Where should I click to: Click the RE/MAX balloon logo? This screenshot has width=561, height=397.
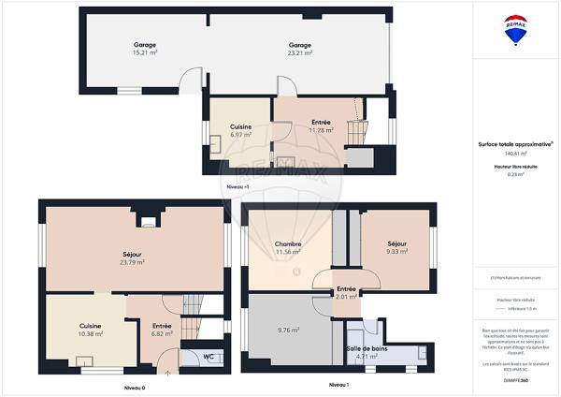click(x=515, y=30)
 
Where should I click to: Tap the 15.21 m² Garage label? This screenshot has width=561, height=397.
click(x=143, y=49)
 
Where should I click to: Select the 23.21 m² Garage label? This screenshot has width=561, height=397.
click(x=299, y=49)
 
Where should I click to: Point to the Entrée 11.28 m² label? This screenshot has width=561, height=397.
click(x=321, y=126)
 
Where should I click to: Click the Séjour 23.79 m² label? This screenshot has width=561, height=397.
click(x=131, y=258)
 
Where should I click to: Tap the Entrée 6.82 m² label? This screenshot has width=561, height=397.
click(x=162, y=330)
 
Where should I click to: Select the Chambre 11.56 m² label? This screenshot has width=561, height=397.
click(x=287, y=248)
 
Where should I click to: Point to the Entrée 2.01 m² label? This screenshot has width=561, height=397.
click(x=346, y=293)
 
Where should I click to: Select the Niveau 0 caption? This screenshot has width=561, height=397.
click(x=135, y=387)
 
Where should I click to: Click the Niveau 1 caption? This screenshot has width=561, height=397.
click(x=338, y=386)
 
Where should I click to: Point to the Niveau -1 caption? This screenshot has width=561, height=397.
click(x=238, y=188)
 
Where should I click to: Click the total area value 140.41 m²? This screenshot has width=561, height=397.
click(x=515, y=154)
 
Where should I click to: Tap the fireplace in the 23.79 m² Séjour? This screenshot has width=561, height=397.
click(x=147, y=222)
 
